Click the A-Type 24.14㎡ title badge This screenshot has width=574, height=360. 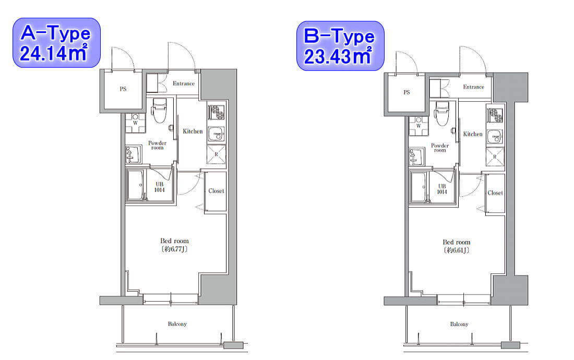tap(56, 43)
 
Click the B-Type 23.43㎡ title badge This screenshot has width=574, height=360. tap(340, 46)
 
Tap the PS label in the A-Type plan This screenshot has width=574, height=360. tap(123, 89)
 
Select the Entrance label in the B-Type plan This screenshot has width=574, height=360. tap(473, 87)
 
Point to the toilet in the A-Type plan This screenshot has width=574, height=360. tap(159, 110)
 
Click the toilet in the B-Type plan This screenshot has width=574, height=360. tap(442, 113)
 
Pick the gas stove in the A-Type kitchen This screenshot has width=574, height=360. tap(216, 112)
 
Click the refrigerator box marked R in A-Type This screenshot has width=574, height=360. tap(216, 155)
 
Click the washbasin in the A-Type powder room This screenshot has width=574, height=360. tap(133, 154)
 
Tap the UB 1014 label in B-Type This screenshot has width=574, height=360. tap(442, 189)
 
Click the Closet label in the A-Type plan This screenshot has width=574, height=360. tap(216, 190)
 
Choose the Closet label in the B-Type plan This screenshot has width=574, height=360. tap(495, 193)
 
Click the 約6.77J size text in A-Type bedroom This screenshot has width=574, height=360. tap(174, 249)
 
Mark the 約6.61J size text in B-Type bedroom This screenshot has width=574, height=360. tap(457, 250)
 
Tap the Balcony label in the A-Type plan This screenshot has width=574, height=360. tap(177, 324)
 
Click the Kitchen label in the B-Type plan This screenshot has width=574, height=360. tap(473, 134)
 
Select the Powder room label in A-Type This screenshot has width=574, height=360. tap(157, 145)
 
